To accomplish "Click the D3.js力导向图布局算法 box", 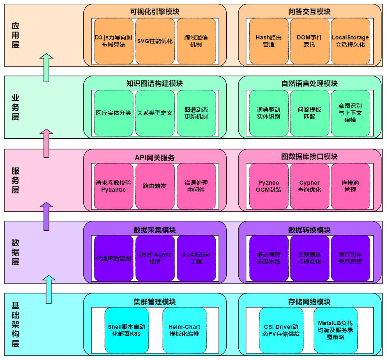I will click(113, 41).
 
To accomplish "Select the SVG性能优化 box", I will click(155, 41).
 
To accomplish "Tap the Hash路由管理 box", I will click(269, 41).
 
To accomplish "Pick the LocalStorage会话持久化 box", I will click(350, 41).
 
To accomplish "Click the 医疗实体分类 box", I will click(113, 113).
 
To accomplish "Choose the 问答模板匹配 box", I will click(309, 113).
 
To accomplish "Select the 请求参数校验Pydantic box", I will click(113, 186).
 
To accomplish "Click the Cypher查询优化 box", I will click(309, 186).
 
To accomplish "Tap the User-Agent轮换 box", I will click(155, 258).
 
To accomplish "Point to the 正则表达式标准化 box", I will click(309, 258).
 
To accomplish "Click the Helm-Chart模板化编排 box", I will click(184, 330).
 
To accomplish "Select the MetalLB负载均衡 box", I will click(335, 330).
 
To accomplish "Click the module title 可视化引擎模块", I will click(155, 11).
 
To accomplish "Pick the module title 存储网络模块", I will click(309, 302).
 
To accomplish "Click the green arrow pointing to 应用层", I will click(48, 67).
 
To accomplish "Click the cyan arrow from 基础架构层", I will click(49, 289).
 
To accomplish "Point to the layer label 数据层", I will click(15, 252).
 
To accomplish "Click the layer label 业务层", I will click(15, 107).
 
